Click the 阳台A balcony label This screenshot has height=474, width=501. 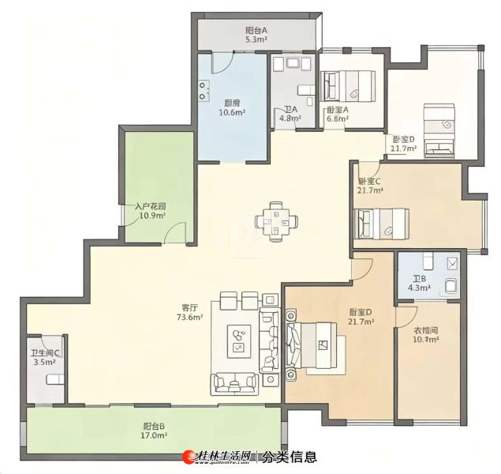point(256,30)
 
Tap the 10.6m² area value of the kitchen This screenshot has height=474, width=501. point(232,112)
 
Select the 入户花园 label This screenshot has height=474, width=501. point(150,206)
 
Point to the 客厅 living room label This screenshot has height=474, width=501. point(190,307)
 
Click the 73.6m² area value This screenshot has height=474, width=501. point(190,317)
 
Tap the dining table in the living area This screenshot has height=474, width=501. point(276,221)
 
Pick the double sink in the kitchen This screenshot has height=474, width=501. point(204,91)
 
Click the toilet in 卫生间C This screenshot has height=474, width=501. point(55,379)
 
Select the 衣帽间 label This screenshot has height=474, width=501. point(425,330)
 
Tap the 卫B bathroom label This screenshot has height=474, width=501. point(419,279)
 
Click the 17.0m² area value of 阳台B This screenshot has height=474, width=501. point(154,435)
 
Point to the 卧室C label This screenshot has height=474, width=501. point(369,182)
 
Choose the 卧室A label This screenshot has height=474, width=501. point(338,110)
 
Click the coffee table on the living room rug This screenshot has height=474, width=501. point(239,341)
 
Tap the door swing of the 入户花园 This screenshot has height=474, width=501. point(174,233)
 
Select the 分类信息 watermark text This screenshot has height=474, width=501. point(290,457)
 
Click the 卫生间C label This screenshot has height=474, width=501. point(45,353)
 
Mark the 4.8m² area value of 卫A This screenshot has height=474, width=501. point(290,118)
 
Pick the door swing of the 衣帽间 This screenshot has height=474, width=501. point(407,317)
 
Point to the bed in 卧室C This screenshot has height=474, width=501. point(382,224)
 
